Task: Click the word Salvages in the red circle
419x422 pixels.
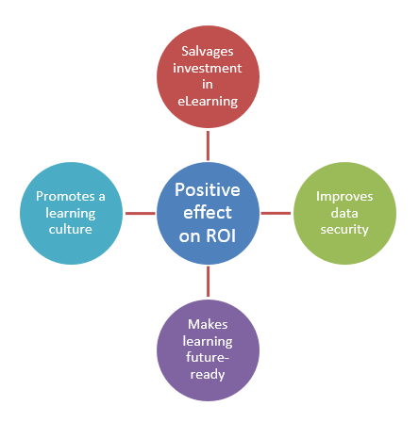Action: coord(208,52)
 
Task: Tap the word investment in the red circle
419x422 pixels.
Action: coord(208,68)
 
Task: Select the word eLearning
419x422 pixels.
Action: coord(208,102)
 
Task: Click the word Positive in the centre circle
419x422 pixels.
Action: coord(208,190)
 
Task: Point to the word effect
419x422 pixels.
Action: coord(208,212)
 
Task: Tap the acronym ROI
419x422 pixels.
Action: coord(221,235)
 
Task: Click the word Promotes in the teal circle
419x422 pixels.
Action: coord(65,197)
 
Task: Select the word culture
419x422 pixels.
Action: coord(71,229)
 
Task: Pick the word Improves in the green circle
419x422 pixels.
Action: coord(344,197)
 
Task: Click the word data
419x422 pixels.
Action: coord(344,213)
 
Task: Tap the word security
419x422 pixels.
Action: coord(344,230)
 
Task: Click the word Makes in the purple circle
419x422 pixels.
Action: coord(208,325)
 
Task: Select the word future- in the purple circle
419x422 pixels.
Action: coord(208,357)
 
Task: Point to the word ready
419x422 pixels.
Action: coord(208,375)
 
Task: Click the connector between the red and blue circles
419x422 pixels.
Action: coord(208,146)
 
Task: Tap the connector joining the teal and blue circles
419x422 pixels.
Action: coord(141,214)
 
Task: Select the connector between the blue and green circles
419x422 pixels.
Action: coord(276,213)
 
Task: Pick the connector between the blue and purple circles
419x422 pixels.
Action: coord(208,282)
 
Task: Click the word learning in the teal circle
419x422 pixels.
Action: coord(71,214)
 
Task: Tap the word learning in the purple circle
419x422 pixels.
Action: coord(208,342)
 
